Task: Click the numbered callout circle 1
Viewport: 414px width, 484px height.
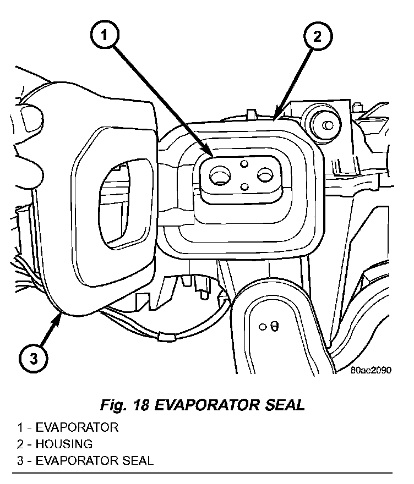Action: coord(107,37)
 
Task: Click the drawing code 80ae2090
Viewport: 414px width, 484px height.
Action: coord(371,371)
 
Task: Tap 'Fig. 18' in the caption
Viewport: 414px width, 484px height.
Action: coord(124,406)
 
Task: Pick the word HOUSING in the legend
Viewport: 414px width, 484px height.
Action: coord(63,444)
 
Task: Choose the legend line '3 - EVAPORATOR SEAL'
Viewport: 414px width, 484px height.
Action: coord(85,460)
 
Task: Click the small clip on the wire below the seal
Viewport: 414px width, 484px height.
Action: coord(164,335)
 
